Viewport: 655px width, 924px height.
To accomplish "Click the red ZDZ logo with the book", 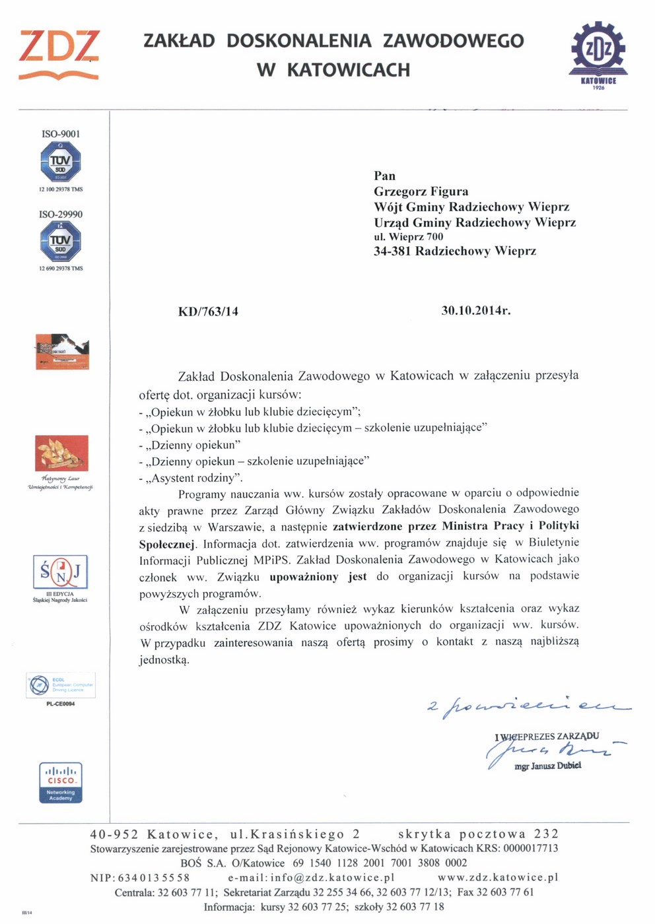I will [x=59, y=54].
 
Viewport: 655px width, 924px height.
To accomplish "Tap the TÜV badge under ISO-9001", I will [x=61, y=162].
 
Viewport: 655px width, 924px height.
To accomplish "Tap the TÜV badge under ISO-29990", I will [x=61, y=242].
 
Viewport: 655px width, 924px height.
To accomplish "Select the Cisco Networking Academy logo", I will [x=61, y=783].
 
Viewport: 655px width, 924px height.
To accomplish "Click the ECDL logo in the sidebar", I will [x=61, y=685].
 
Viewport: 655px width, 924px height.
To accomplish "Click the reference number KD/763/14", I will [x=208, y=312].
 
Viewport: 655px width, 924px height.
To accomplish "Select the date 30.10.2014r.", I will [x=475, y=310].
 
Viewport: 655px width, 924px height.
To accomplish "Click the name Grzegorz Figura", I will [x=421, y=191].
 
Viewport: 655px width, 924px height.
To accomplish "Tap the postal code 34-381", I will [x=392, y=251].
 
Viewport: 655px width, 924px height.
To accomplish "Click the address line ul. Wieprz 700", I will [x=409, y=236].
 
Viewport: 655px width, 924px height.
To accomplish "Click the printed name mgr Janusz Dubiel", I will [x=548, y=766].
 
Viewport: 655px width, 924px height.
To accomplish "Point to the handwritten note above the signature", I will [x=528, y=708].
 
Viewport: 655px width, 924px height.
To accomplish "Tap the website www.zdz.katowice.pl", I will [x=498, y=877].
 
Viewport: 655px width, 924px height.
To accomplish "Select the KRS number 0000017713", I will [x=530, y=848].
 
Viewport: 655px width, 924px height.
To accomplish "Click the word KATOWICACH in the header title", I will [x=349, y=70].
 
